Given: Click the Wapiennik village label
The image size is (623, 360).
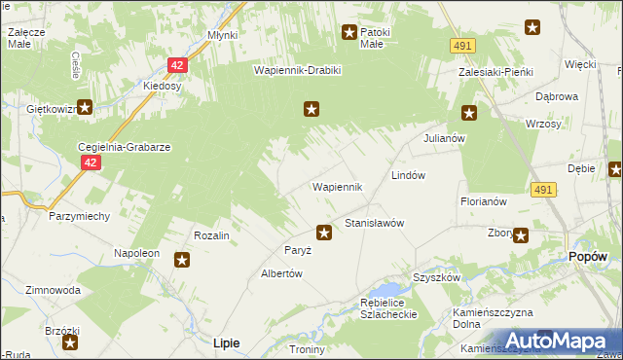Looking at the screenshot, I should pyautogui.click(x=337, y=187).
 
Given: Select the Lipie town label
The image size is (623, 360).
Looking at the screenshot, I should pyautogui.click(x=226, y=342).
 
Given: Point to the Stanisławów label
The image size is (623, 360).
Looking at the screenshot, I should pyautogui.click(x=374, y=223).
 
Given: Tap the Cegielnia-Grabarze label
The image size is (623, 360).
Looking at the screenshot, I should pyautogui.click(x=125, y=147).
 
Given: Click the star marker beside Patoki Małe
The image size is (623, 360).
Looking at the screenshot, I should pyautogui.click(x=348, y=33).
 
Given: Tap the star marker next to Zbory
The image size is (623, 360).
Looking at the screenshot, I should pyautogui.click(x=521, y=234).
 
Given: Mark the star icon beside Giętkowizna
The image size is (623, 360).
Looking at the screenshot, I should pyautogui.click(x=85, y=109).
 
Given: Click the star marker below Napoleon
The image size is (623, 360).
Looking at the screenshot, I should pyautogui.click(x=182, y=259).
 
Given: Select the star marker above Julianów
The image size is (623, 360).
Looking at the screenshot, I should pyautogui.click(x=469, y=113).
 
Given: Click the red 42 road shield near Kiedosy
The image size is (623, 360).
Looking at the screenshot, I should pyautogui.click(x=175, y=65).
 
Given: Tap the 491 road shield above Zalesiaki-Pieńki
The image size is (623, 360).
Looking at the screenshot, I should pyautogui.click(x=462, y=46).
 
